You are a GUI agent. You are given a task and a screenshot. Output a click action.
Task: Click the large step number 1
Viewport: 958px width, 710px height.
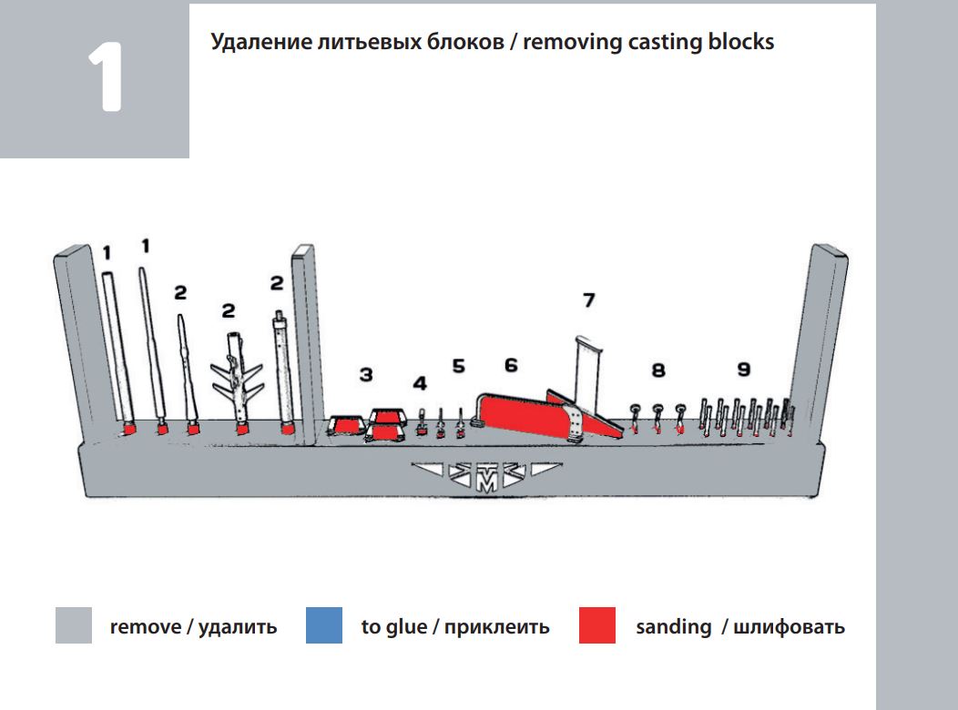(105, 77)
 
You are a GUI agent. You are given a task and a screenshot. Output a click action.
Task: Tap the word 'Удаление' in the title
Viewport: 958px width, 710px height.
(259, 42)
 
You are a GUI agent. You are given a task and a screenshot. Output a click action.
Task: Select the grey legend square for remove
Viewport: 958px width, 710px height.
(74, 626)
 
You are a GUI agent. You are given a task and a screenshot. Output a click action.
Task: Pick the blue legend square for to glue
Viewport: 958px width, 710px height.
(324, 626)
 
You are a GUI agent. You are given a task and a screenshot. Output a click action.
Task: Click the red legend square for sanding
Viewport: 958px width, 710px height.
(597, 626)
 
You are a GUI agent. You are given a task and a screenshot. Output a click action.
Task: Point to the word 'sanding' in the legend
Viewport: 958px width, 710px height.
(674, 627)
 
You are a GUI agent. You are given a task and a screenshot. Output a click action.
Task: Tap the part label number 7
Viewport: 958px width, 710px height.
(589, 299)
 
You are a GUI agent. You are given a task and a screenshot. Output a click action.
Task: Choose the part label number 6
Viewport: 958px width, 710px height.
(511, 365)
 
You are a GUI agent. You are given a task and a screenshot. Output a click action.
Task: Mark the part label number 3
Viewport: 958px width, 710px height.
(366, 374)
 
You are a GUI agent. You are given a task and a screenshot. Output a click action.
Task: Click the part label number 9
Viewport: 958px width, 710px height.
(744, 369)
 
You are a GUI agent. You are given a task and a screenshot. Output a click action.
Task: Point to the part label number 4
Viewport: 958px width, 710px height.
(420, 383)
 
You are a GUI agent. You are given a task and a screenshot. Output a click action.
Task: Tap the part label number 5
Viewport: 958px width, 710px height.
(458, 366)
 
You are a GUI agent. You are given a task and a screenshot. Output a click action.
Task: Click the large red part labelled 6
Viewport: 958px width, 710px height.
(519, 414)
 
